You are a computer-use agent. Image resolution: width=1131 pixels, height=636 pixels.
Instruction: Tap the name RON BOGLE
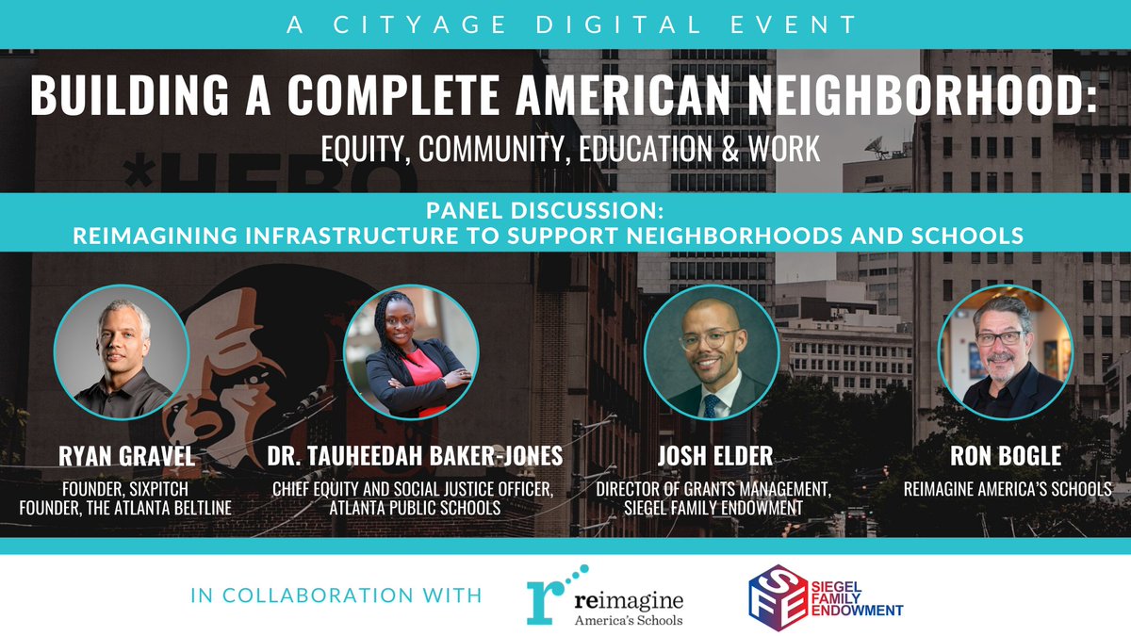point(1005,458)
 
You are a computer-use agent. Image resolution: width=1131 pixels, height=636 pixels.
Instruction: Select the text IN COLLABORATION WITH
point(336,596)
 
